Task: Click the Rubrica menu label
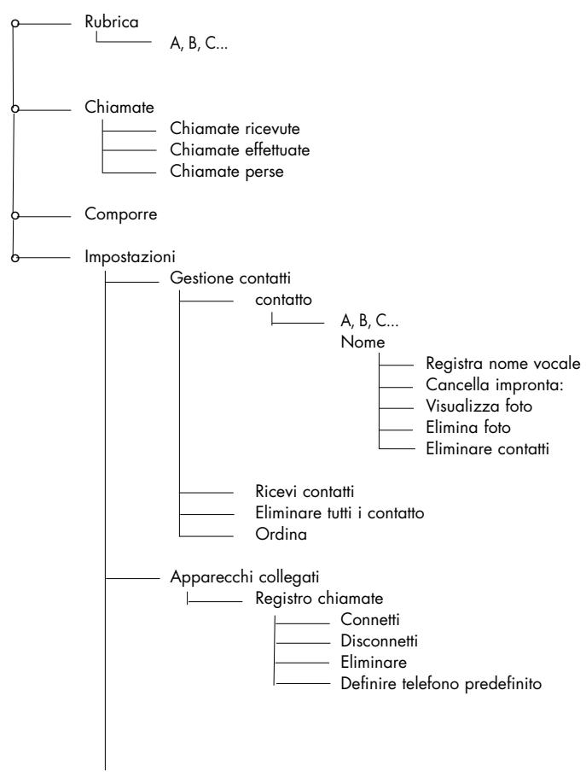tap(112, 21)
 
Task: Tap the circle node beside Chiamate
tap(15, 108)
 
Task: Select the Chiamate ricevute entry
tap(235, 128)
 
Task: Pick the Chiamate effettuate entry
tap(240, 149)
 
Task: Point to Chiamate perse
tap(227, 172)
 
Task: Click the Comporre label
tap(121, 214)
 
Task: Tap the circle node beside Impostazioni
tap(15, 257)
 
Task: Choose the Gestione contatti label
tap(230, 278)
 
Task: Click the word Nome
tap(363, 342)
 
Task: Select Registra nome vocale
tap(503, 364)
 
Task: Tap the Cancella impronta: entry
tap(494, 384)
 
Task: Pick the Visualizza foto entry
tap(479, 406)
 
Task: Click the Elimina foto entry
tap(468, 427)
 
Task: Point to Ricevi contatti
tap(305, 491)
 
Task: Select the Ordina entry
tap(281, 535)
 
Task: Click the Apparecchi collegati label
tap(244, 577)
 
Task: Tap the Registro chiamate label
tap(319, 599)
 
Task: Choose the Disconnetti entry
tap(379, 641)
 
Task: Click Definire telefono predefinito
tap(441, 684)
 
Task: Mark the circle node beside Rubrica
tap(15, 23)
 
